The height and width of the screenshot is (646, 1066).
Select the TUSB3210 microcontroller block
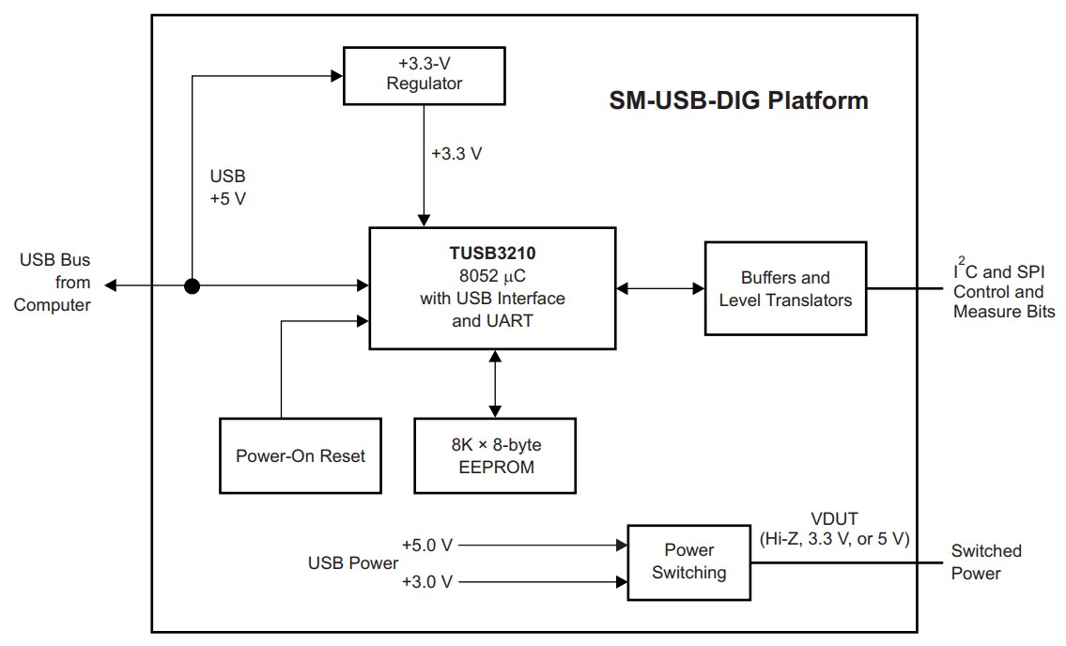tap(492, 289)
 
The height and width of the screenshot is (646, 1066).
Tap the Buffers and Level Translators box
tap(785, 289)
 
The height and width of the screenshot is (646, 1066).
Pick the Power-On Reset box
tap(300, 456)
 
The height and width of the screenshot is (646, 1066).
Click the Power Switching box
tap(688, 561)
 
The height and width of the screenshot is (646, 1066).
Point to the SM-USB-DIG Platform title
tap(738, 100)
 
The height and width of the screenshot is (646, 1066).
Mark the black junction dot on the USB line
tap(192, 285)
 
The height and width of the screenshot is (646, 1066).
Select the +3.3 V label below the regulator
tap(456, 154)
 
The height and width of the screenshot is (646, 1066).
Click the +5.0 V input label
tap(427, 545)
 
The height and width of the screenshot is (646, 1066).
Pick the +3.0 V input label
tap(427, 582)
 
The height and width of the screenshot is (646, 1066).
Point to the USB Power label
tap(352, 563)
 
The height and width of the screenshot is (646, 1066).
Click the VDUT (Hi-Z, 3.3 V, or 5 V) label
tap(834, 531)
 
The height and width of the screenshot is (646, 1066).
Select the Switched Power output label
tap(985, 561)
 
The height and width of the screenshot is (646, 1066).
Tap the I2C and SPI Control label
tap(1003, 291)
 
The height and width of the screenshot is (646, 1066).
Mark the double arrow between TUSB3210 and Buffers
tap(660, 289)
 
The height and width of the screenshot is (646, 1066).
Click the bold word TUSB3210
tap(492, 254)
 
